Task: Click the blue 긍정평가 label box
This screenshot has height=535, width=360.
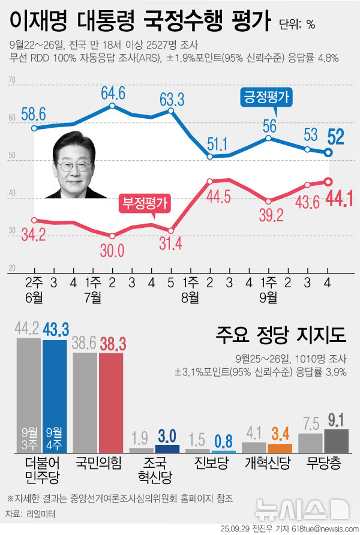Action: pyautogui.click(x=266, y=97)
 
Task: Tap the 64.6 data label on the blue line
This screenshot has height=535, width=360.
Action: pyautogui.click(x=113, y=92)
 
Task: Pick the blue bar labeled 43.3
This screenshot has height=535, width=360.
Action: pyautogui.click(x=56, y=395)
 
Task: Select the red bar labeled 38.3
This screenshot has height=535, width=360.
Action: pyautogui.click(x=111, y=402)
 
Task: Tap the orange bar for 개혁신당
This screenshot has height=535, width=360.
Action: pyautogui.click(x=280, y=447)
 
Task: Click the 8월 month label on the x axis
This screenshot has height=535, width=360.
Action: pyautogui.click(x=191, y=297)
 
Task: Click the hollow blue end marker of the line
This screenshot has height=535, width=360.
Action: pyautogui.click(x=329, y=152)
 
